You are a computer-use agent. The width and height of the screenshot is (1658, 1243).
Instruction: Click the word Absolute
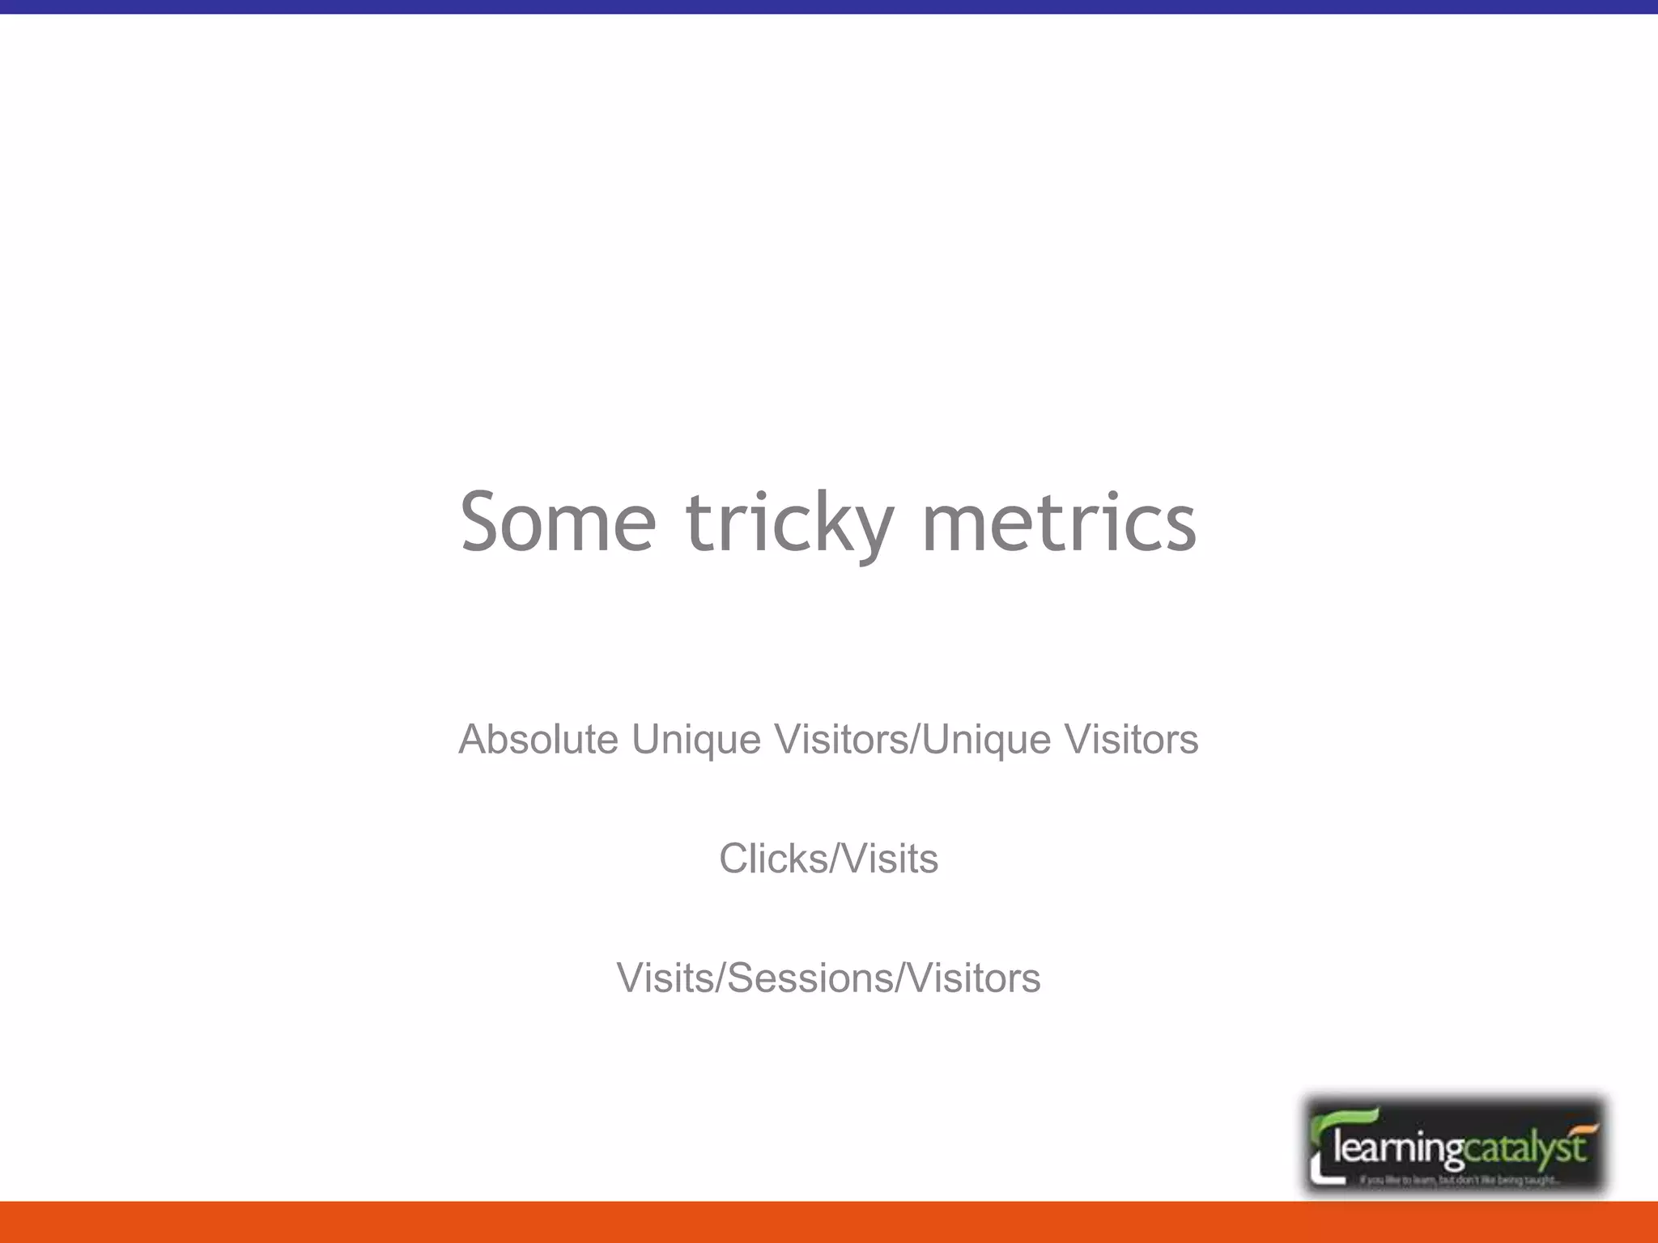pyautogui.click(x=538, y=739)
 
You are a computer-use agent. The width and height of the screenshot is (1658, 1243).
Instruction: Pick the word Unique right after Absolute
pyautogui.click(x=696, y=740)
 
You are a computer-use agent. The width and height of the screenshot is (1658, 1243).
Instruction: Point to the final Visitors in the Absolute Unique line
pyautogui.click(x=1130, y=739)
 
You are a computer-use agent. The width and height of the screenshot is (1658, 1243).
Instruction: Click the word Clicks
pyautogui.click(x=773, y=859)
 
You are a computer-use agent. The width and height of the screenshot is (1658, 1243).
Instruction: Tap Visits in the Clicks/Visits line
pyautogui.click(x=891, y=859)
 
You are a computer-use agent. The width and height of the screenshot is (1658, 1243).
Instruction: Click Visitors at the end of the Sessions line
pyautogui.click(x=973, y=978)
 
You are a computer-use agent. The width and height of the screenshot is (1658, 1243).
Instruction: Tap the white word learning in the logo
pyautogui.click(x=1398, y=1148)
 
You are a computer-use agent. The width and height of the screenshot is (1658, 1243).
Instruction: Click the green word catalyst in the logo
pyautogui.click(x=1524, y=1148)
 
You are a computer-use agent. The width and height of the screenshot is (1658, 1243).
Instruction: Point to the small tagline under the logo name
pyautogui.click(x=1457, y=1181)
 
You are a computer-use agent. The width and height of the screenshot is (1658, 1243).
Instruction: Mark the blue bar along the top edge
pyautogui.click(x=829, y=6)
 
